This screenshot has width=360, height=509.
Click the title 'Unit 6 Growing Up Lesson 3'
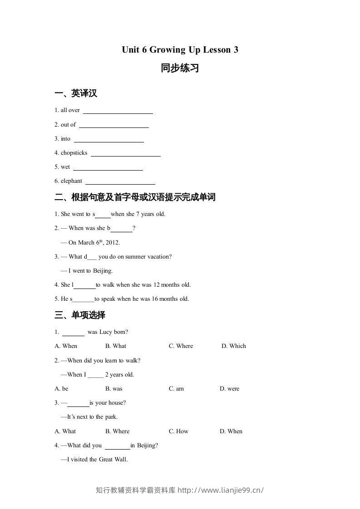(180, 50)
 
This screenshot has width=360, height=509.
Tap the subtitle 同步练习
(180, 69)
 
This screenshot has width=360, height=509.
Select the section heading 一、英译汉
(76, 93)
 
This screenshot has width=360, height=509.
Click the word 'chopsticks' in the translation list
(74, 153)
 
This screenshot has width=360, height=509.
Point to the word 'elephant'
(71, 181)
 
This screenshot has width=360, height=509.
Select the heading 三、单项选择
(80, 315)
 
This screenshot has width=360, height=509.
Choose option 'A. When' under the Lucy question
(66, 346)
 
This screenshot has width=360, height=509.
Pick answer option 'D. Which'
(234, 346)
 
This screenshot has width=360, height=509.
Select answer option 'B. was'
(114, 389)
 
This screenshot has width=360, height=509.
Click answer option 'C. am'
(176, 389)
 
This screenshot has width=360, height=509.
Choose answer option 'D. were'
(229, 389)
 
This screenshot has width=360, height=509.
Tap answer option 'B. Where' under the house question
(117, 431)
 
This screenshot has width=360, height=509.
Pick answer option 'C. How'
(178, 431)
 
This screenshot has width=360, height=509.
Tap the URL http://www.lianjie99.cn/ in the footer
(221, 490)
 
